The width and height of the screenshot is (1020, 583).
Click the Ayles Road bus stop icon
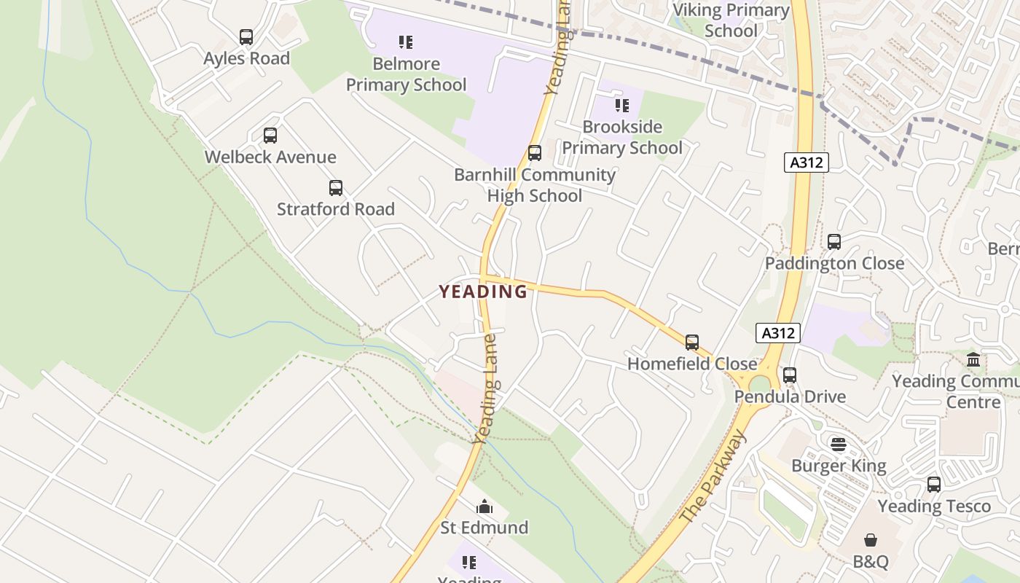tap(246, 36)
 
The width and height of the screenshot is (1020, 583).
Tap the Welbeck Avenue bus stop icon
tap(270, 135)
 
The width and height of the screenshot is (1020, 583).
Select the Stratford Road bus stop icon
tap(336, 187)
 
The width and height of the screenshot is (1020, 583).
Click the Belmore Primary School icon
tap(406, 42)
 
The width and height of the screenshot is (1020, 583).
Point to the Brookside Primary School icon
tap(622, 105)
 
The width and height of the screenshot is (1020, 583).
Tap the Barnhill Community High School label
tap(535, 185)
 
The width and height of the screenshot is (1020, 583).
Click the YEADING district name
tap(483, 291)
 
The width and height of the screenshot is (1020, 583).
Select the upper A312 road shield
tap(807, 162)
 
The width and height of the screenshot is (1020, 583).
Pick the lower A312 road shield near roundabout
tap(778, 333)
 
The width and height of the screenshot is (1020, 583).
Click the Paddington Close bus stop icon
tap(834, 241)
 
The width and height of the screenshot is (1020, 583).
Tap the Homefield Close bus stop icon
tap(692, 342)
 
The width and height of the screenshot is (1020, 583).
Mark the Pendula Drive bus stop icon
tap(790, 375)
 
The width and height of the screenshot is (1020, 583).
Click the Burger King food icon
tap(839, 444)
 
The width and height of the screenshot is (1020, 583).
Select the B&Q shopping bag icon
tap(871, 540)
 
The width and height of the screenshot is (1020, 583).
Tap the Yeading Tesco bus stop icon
tap(934, 484)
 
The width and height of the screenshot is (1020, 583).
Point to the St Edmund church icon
tap(484, 506)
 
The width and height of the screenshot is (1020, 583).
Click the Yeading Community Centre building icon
tap(973, 359)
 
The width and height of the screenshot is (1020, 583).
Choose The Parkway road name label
tap(713, 477)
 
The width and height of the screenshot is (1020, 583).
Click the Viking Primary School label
tap(731, 20)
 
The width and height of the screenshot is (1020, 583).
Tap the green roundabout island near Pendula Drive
tap(759, 383)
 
